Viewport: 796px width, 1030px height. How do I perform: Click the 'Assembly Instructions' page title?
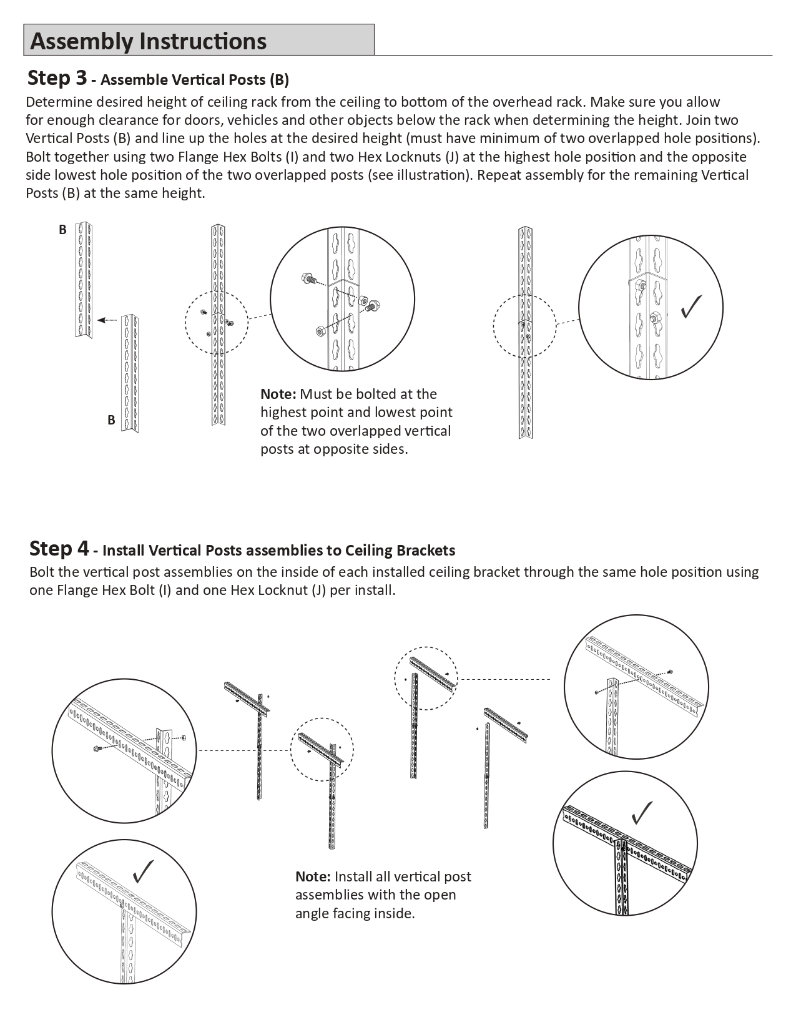pos(148,41)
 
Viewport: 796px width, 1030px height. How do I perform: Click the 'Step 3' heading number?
pos(57,78)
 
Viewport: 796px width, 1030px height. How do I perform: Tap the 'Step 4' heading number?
pos(59,549)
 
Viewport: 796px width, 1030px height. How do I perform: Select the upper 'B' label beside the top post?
pos(62,230)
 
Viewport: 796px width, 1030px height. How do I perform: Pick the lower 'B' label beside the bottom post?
pos(111,420)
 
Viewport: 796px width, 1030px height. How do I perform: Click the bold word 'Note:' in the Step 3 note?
pos(278,394)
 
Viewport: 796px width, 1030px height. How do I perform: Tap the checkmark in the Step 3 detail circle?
pos(691,306)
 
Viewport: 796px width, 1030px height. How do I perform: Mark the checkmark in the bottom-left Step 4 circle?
pos(144,871)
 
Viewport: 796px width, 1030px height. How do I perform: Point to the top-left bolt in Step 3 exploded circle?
pos(307,278)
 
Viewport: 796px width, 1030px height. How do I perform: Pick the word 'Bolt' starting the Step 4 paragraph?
pos(42,572)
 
